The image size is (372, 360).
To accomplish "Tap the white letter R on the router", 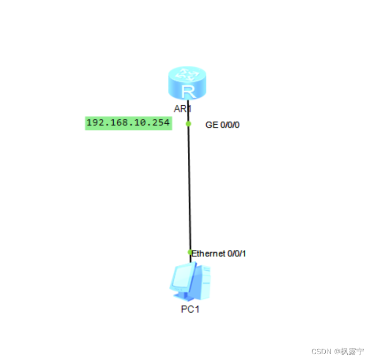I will tap(188, 92).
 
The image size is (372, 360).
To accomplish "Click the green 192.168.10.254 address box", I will tap(128, 123).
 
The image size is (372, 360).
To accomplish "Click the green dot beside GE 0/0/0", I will tap(188, 123).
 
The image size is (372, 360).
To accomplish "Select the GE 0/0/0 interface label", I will tap(222, 125).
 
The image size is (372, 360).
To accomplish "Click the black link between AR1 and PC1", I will tap(189, 189).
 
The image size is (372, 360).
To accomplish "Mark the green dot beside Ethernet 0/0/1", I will tap(190, 253).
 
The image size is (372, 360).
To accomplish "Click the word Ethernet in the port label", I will tap(208, 254).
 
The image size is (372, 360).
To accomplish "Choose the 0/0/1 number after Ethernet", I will tap(237, 254).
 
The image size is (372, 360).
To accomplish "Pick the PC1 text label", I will tap(190, 309).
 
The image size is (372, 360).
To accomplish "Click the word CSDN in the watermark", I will tap(321, 351).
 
